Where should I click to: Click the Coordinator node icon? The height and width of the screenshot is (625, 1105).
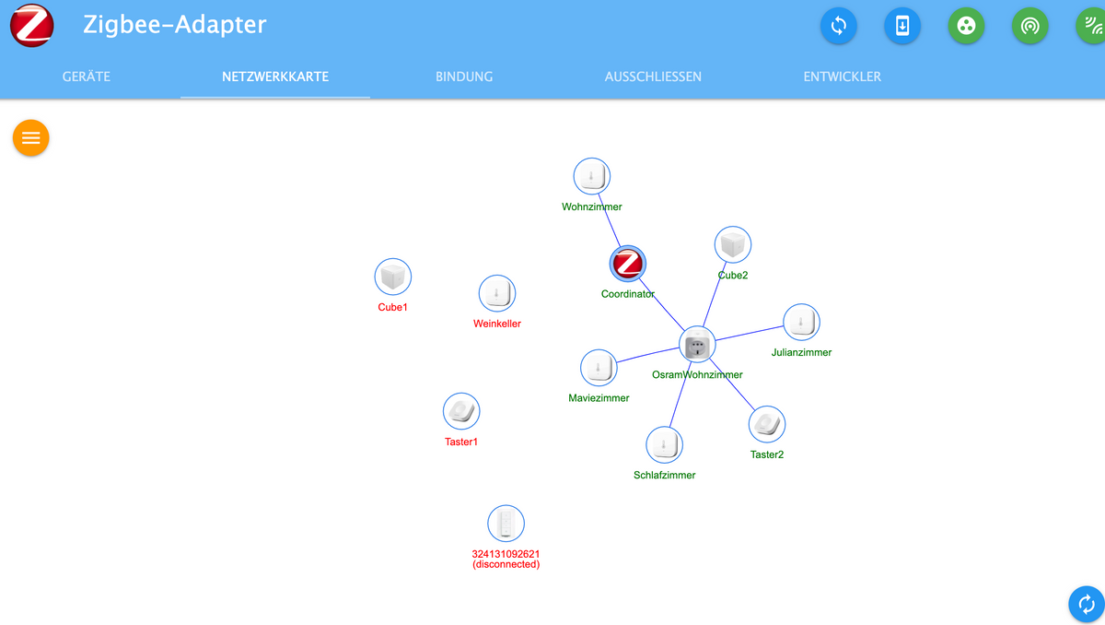628,264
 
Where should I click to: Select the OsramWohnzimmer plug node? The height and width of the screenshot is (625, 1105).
698,345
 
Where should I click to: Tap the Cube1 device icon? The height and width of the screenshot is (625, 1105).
393,277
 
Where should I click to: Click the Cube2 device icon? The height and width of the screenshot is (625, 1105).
733,245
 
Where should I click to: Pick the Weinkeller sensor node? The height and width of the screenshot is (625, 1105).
497,293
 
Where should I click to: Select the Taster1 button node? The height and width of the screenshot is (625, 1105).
461,411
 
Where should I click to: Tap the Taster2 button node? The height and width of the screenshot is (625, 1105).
767,424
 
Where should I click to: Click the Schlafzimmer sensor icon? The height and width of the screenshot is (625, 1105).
664,444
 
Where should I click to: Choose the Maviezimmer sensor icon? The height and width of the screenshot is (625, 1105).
599,368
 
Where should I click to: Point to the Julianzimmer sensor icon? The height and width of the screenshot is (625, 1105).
801,322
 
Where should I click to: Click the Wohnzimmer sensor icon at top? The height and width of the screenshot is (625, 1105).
592,176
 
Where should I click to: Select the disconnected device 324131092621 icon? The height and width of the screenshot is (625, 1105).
506,523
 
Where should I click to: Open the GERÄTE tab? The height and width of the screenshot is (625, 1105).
87,77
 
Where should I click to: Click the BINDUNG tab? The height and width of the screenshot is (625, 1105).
464,77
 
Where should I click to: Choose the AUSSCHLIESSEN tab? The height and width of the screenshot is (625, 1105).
653,77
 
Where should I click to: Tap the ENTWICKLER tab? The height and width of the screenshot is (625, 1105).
842,77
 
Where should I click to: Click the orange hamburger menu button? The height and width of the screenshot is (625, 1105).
31,138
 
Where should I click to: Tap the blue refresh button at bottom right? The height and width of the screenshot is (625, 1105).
1087,604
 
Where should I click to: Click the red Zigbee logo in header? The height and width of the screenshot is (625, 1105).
31,25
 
